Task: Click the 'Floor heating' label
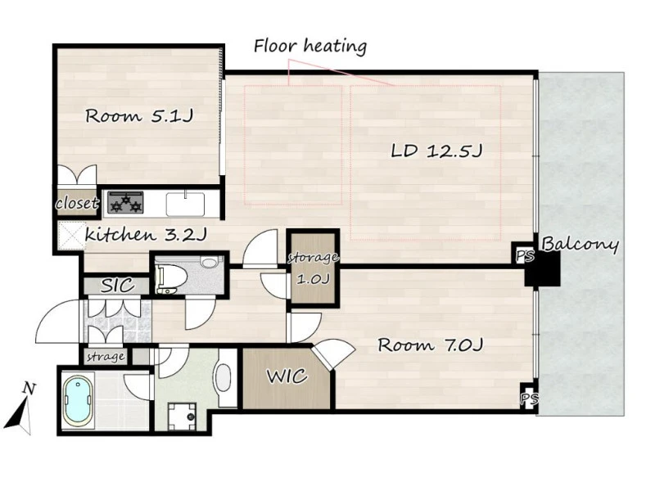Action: (x=310, y=46)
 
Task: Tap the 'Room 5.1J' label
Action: (x=139, y=115)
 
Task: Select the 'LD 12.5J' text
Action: (x=436, y=151)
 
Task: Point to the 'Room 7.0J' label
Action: (x=431, y=345)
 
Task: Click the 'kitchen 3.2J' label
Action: (x=146, y=235)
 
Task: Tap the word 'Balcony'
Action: (x=580, y=244)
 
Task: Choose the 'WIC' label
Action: (x=287, y=376)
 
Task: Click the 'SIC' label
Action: (x=118, y=286)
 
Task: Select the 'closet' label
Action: (x=77, y=203)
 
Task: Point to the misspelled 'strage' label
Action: (x=106, y=357)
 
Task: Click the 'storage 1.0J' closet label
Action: (x=314, y=268)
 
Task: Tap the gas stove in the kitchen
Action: (x=126, y=203)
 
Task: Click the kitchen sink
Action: (x=186, y=203)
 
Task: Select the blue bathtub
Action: (x=78, y=400)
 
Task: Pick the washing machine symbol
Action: (x=182, y=416)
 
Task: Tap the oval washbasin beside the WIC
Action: (x=224, y=377)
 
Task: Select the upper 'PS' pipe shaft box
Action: (x=524, y=255)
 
